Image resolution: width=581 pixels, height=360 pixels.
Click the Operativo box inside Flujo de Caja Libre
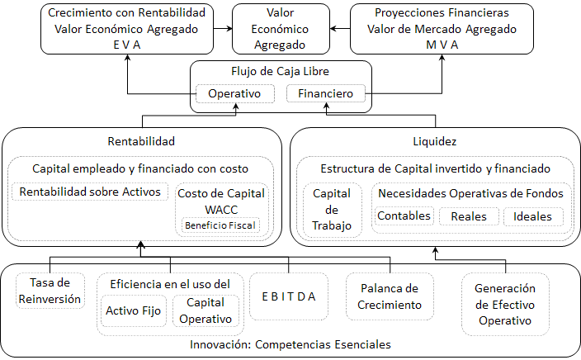point(235,93)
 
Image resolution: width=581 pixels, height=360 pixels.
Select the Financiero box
point(326,93)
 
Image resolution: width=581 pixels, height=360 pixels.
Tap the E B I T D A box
point(289,296)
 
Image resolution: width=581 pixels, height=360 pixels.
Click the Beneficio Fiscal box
point(220,225)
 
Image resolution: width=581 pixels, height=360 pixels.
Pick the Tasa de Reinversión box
point(50,291)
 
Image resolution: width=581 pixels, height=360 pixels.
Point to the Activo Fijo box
point(134,310)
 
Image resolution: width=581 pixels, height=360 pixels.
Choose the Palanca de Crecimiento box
point(390,296)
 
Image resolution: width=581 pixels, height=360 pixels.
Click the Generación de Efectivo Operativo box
point(505,305)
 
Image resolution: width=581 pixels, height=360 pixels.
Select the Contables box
point(404,216)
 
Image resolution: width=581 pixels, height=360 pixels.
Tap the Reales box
point(469,216)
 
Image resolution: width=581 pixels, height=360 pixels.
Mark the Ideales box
point(533,216)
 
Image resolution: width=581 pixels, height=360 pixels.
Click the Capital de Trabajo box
point(332,210)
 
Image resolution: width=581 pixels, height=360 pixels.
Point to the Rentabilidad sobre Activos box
point(90,192)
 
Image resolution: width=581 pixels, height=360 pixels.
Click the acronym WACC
point(221,210)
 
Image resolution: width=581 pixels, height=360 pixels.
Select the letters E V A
point(127,45)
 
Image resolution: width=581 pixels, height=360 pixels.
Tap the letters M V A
point(442,45)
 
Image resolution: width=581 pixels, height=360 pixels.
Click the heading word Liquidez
point(435,141)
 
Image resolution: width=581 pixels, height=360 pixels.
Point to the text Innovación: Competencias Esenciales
point(290,344)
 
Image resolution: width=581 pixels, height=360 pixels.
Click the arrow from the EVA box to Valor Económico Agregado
point(223,29)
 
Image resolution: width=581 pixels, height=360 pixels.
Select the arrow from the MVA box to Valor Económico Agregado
point(340,29)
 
